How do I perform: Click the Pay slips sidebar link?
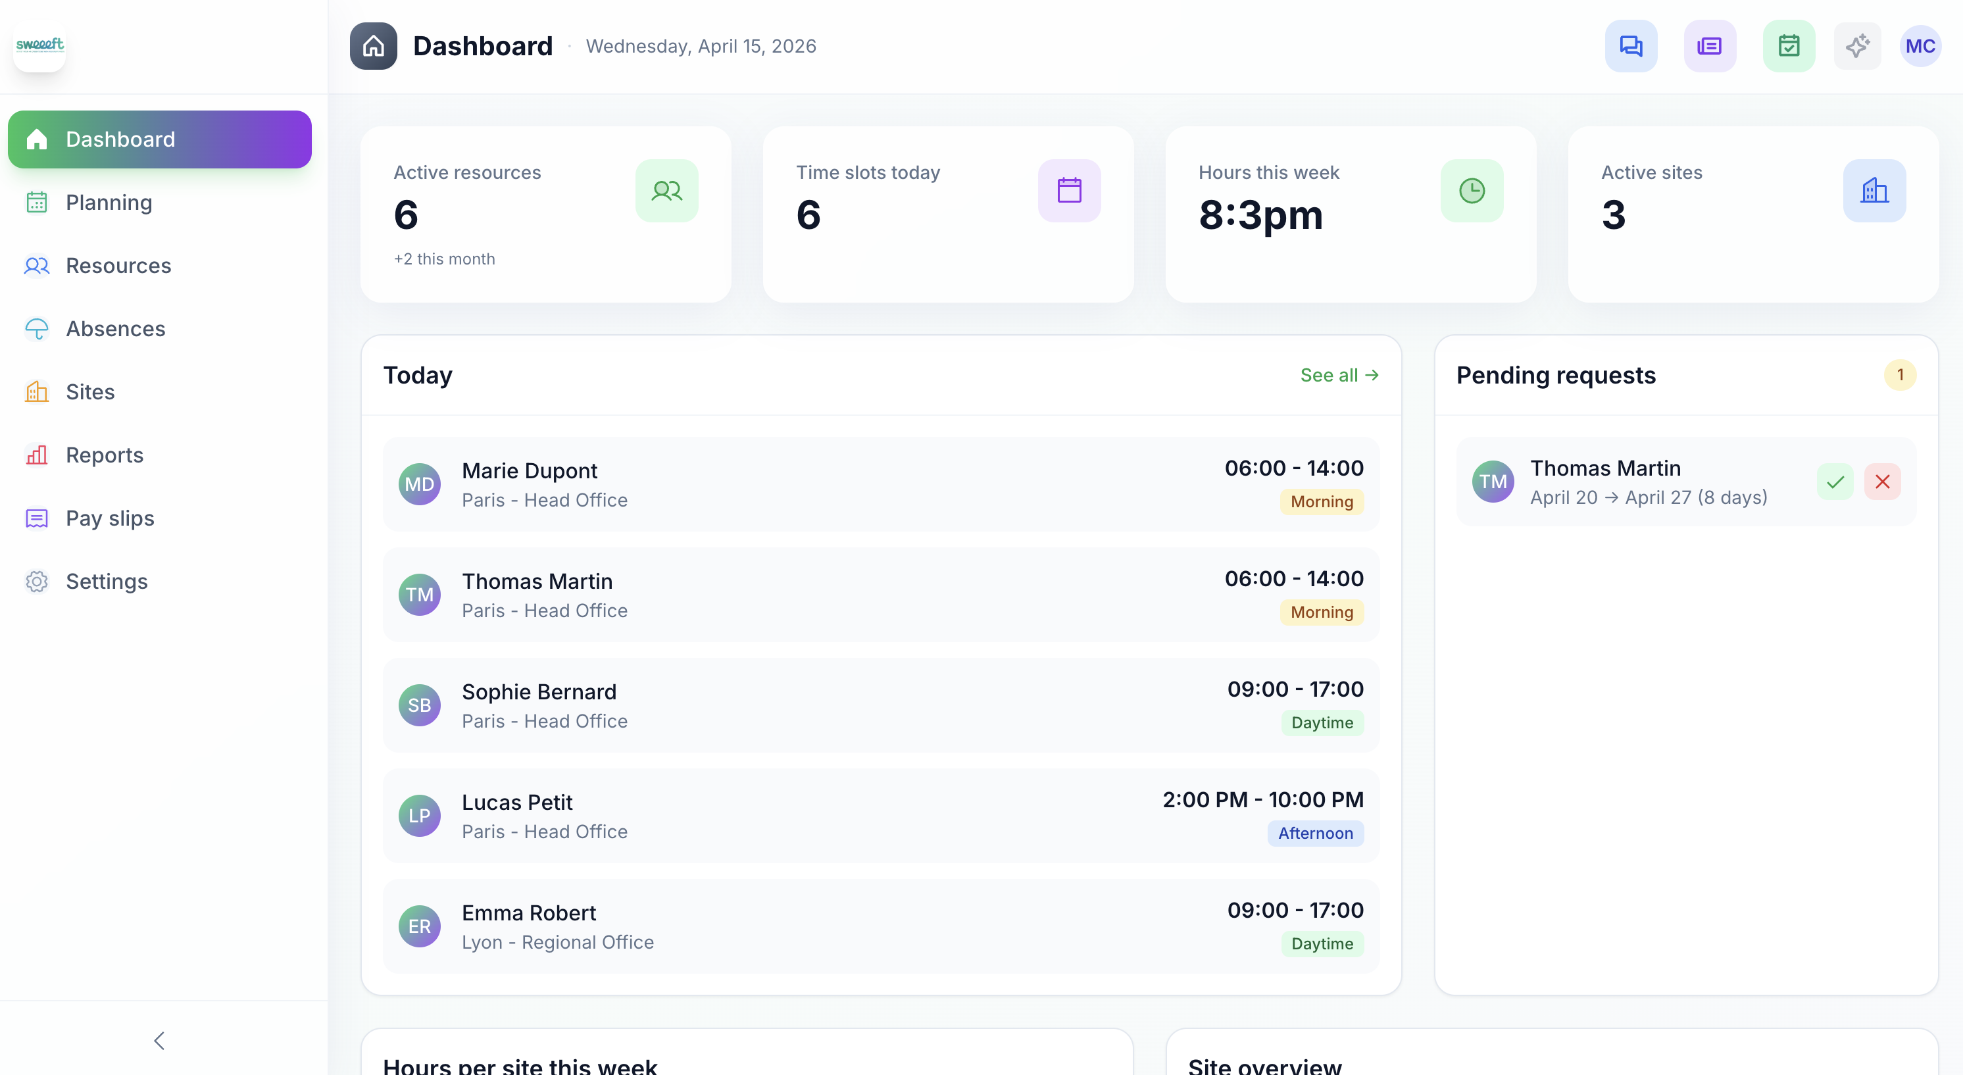click(110, 518)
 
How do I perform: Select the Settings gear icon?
click(37, 582)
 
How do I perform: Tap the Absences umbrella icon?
click(37, 328)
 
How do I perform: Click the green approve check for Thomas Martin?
click(1835, 482)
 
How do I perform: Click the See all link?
click(1339, 375)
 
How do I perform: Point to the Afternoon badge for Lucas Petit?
click(1315, 833)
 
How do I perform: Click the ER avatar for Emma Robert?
click(419, 926)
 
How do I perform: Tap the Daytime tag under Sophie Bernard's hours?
click(1322, 722)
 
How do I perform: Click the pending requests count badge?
click(1900, 375)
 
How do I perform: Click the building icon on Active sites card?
click(1874, 191)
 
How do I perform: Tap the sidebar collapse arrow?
click(159, 1041)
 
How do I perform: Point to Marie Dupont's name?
click(529, 471)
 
